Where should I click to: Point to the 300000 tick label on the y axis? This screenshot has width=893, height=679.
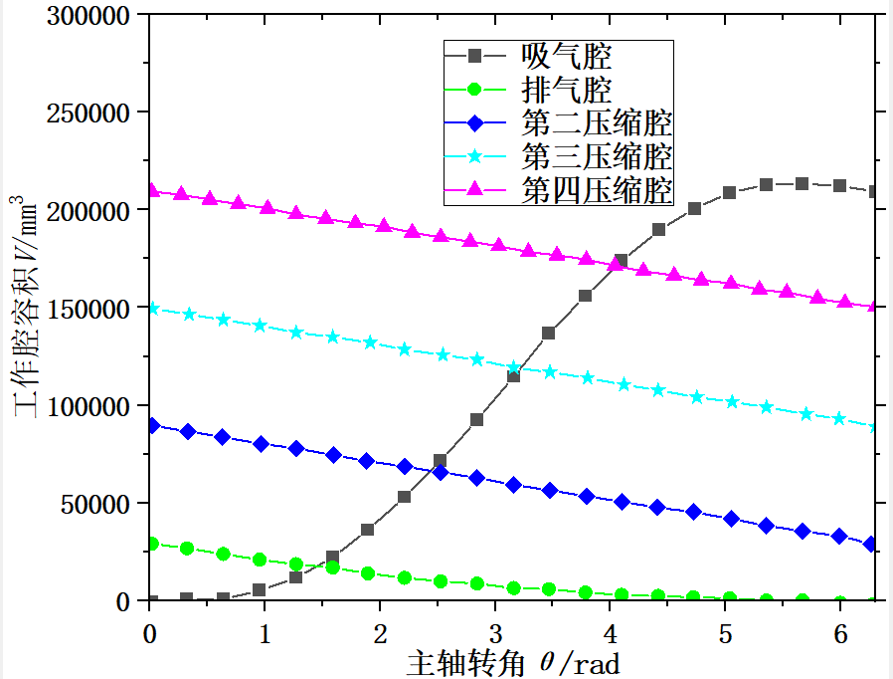click(x=89, y=16)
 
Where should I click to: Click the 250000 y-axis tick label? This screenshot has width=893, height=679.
click(x=89, y=113)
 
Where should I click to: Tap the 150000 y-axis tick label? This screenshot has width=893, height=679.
click(x=89, y=309)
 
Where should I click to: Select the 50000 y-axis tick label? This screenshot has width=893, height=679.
click(x=95, y=504)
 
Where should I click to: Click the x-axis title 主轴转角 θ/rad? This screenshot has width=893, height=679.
click(x=512, y=662)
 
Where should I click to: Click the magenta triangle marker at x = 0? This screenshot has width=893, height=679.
click(x=152, y=190)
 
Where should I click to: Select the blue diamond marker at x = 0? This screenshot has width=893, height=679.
click(x=152, y=425)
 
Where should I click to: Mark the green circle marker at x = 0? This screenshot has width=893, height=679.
click(x=152, y=544)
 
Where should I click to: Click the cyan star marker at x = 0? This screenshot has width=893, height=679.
click(x=152, y=309)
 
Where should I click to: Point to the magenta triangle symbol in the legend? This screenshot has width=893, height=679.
click(x=474, y=189)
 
